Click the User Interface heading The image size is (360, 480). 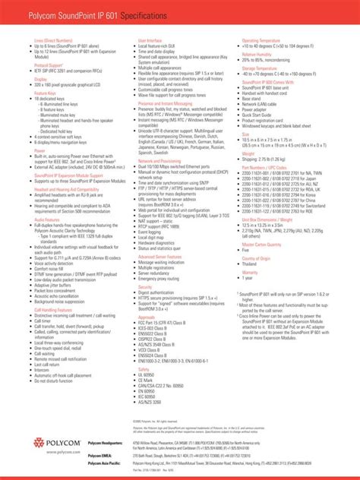tap(149, 39)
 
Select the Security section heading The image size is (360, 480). tap(145, 286)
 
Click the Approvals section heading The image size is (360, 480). tap(147, 317)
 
